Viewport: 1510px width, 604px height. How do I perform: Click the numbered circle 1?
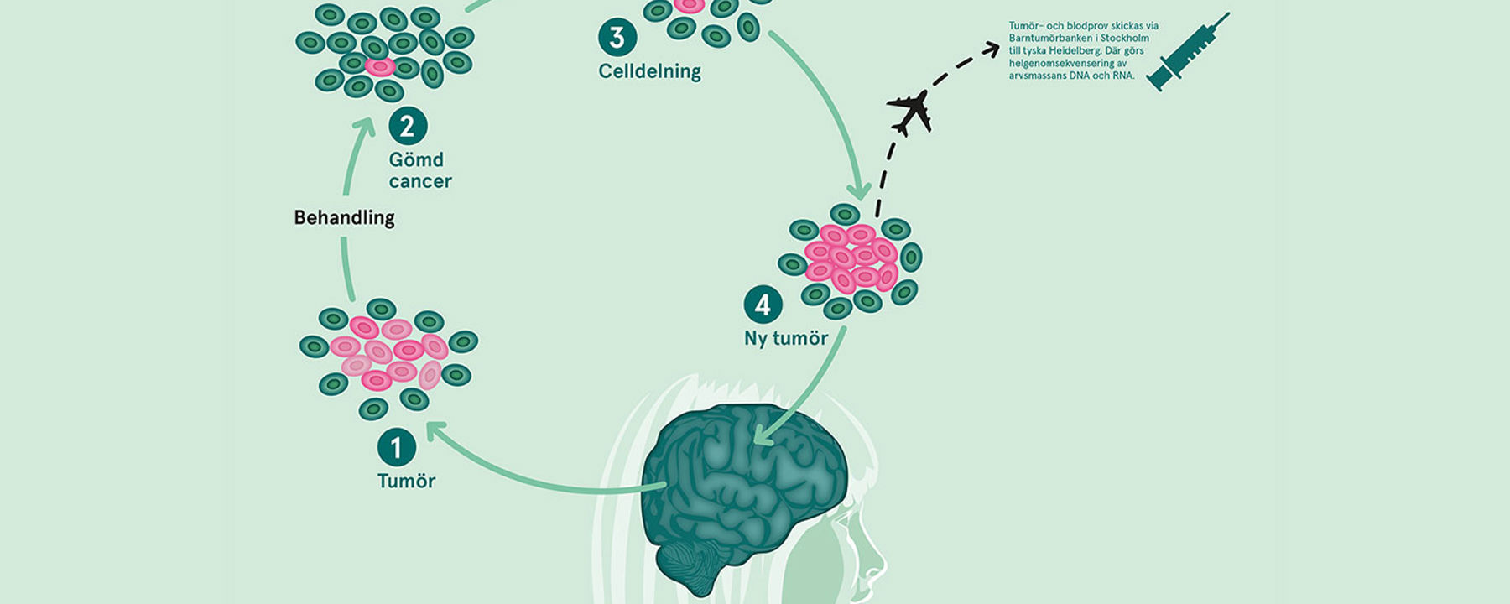[x=397, y=447]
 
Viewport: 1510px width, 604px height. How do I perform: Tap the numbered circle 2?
[x=408, y=127]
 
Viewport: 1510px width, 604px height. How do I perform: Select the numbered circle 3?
[x=617, y=38]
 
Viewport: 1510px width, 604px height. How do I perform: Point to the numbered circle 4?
[x=763, y=305]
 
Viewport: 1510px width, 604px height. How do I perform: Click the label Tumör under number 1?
[x=406, y=481]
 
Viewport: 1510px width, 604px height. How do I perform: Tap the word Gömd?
[x=416, y=159]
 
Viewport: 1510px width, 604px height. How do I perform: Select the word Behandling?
[x=344, y=217]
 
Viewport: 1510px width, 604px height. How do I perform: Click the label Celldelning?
[x=649, y=71]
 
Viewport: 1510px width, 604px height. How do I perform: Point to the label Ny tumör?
[x=786, y=338]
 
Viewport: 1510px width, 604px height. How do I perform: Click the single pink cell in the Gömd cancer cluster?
[x=380, y=66]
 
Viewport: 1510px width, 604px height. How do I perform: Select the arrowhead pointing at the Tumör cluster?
[x=434, y=431]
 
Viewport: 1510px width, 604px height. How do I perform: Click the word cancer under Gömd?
[x=420, y=181]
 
